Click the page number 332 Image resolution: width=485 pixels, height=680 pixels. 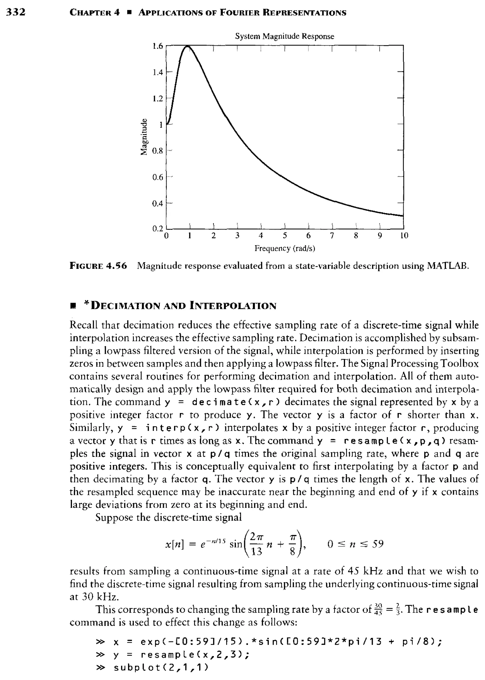[x=16, y=12]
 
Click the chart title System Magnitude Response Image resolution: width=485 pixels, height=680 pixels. [x=284, y=36]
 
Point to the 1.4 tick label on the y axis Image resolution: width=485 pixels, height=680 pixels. [x=157, y=72]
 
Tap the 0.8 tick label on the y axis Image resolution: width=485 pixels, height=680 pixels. [x=157, y=151]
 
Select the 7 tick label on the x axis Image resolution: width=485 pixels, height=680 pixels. [x=332, y=236]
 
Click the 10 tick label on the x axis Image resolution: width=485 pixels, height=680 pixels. [x=404, y=236]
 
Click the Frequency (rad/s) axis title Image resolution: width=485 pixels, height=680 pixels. [x=285, y=248]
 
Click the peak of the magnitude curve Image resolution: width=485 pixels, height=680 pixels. [x=188, y=46]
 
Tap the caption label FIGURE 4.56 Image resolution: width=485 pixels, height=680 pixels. [x=98, y=266]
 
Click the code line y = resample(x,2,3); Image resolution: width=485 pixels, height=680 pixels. [x=181, y=655]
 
